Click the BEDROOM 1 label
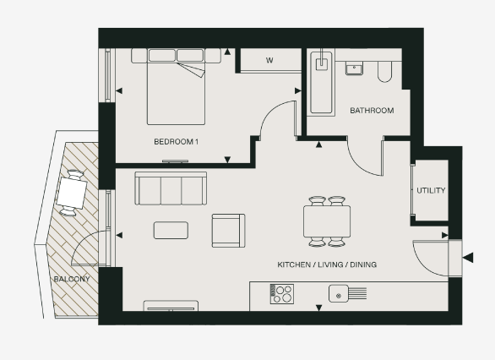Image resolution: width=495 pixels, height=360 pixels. (x=176, y=141)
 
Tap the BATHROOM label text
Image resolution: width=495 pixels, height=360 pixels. (x=372, y=111)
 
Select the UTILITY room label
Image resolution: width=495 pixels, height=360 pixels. (x=431, y=191)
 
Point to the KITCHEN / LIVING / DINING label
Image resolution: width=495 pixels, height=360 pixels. (x=327, y=265)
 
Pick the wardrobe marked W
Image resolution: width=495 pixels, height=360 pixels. (x=269, y=61)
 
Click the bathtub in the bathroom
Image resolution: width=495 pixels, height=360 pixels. (x=321, y=84)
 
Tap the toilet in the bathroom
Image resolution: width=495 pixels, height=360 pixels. (x=385, y=71)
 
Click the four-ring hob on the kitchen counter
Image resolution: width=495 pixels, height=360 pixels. (x=281, y=294)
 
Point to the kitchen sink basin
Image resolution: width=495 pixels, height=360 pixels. (x=340, y=294)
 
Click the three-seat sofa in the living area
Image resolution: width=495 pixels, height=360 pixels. (x=171, y=189)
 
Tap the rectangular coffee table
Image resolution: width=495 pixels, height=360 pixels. (x=171, y=230)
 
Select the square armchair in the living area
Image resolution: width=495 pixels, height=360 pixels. (x=228, y=230)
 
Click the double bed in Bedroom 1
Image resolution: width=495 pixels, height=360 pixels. (x=177, y=89)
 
